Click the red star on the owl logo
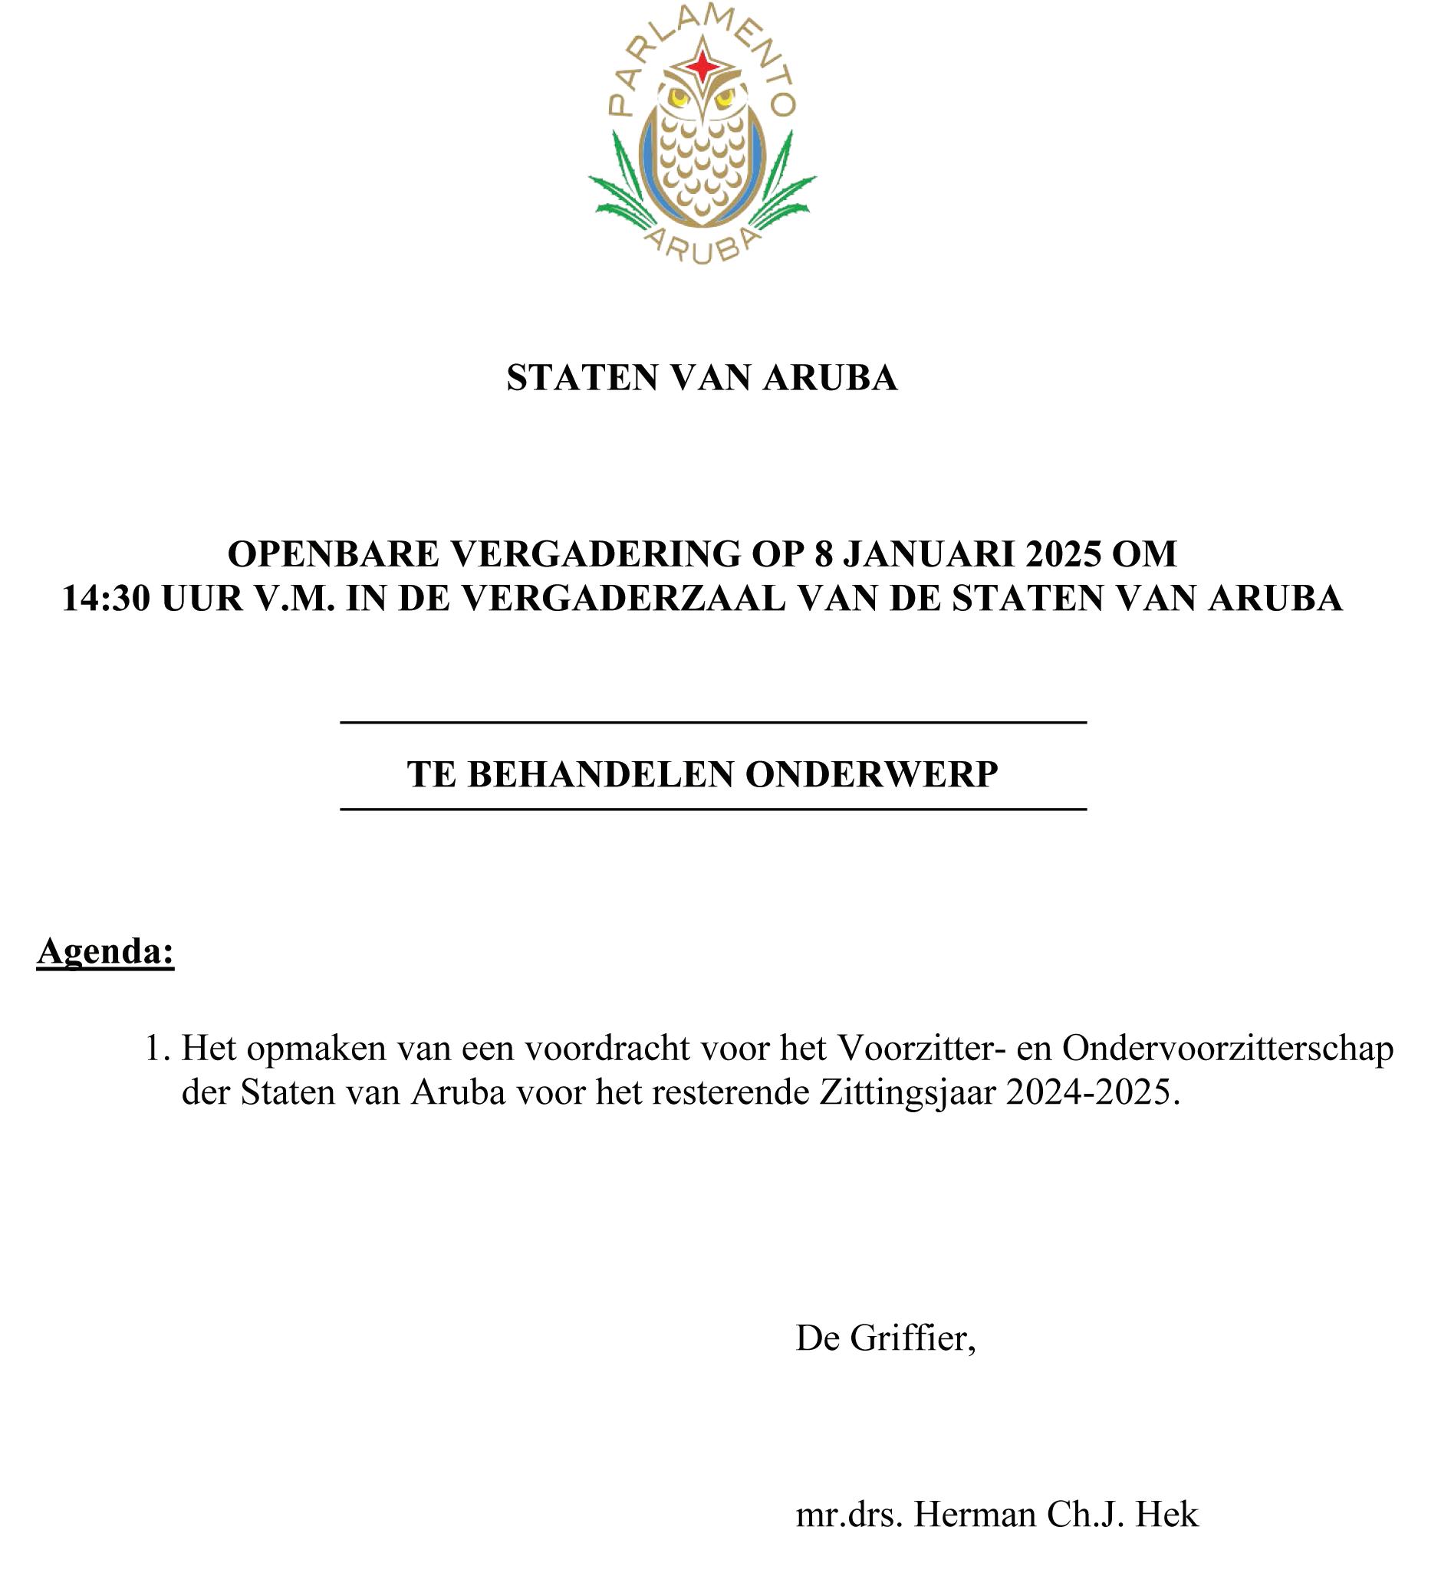point(702,66)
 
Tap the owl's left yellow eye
point(678,97)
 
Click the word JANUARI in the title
point(927,554)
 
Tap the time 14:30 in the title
point(105,599)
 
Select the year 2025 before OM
point(1062,554)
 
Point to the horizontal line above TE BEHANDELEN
point(713,722)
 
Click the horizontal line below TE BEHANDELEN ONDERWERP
point(713,809)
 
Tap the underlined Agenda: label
point(105,951)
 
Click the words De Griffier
point(885,1338)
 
